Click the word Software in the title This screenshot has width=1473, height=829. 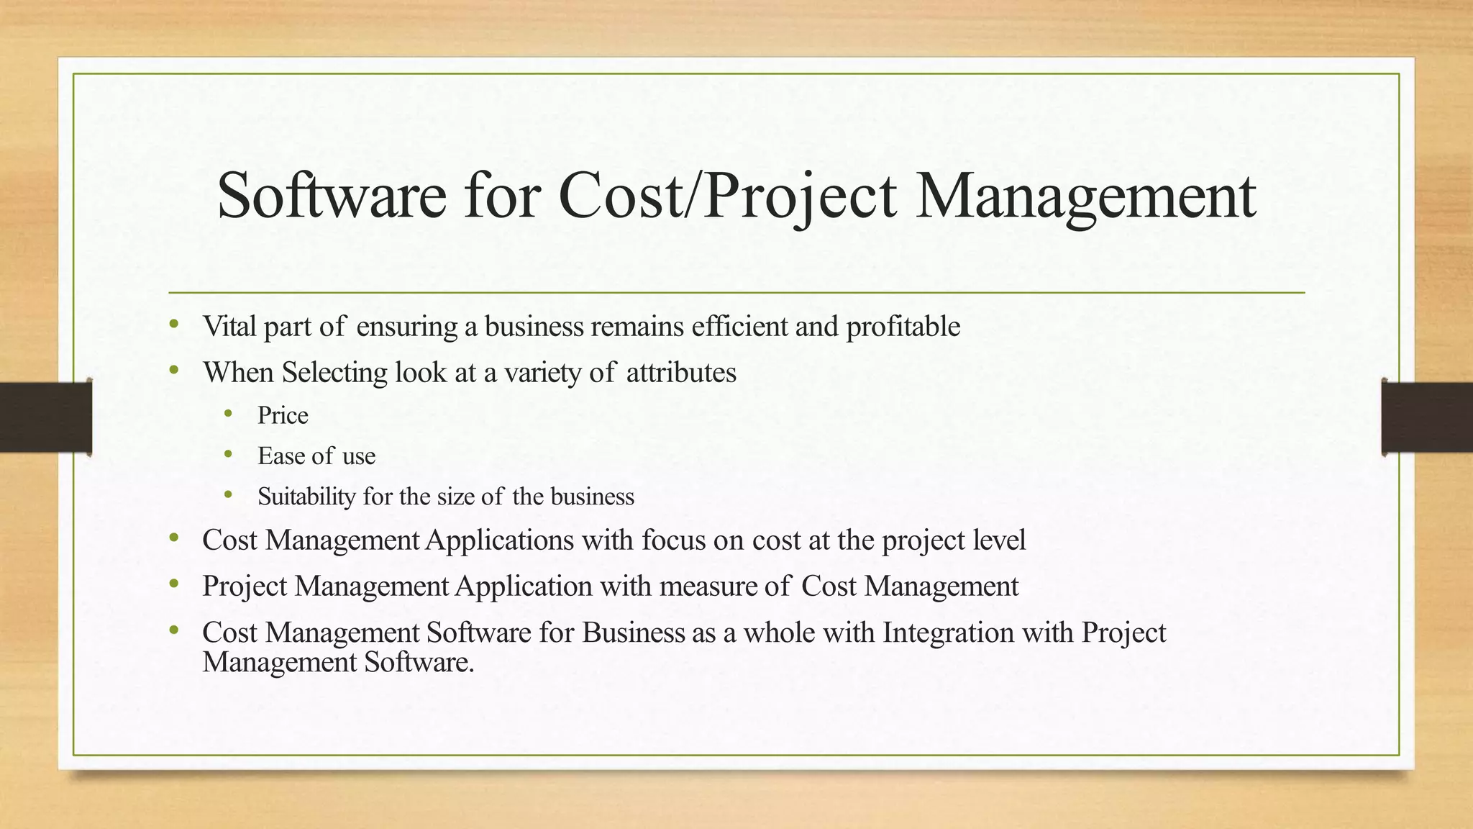tap(332, 196)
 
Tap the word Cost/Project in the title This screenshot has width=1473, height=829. tap(727, 197)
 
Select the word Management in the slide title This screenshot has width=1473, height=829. tap(1086, 197)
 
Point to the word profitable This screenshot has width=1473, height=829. tap(903, 327)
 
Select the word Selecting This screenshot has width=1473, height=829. tap(335, 373)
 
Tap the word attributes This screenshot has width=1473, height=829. tap(681, 373)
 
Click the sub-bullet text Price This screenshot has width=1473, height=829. tap(283, 416)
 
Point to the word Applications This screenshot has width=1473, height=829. tap(500, 540)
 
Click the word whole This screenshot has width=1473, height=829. tap(779, 633)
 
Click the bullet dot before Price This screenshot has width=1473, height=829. tap(228, 413)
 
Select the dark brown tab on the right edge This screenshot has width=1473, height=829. tap(1427, 417)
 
